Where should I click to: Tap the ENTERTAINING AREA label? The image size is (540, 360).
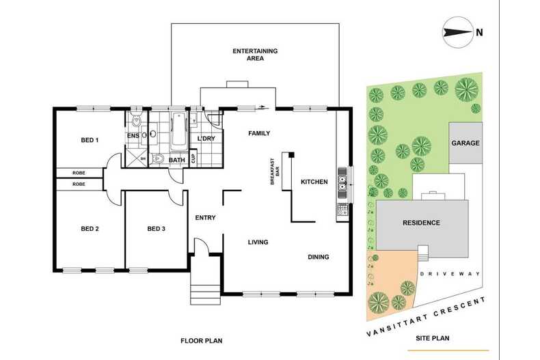[x=254, y=55]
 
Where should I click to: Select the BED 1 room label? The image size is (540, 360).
[x=90, y=140]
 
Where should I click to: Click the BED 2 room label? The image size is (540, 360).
[x=90, y=228]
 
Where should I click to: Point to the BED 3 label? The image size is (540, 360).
[x=157, y=228]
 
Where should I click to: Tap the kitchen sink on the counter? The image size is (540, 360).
[x=342, y=182]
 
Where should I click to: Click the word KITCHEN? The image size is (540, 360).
[x=314, y=182]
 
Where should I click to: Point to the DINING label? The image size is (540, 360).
[x=318, y=257]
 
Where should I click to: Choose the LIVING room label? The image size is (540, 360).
[x=258, y=242]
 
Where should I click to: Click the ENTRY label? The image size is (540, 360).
[x=205, y=218]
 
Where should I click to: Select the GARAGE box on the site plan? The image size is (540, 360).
[x=465, y=143]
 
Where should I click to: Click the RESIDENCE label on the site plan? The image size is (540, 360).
[x=421, y=223]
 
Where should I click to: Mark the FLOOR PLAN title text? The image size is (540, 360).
[x=202, y=340]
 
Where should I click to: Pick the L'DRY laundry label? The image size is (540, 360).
[x=206, y=139]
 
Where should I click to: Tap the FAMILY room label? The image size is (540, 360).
[x=259, y=133]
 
